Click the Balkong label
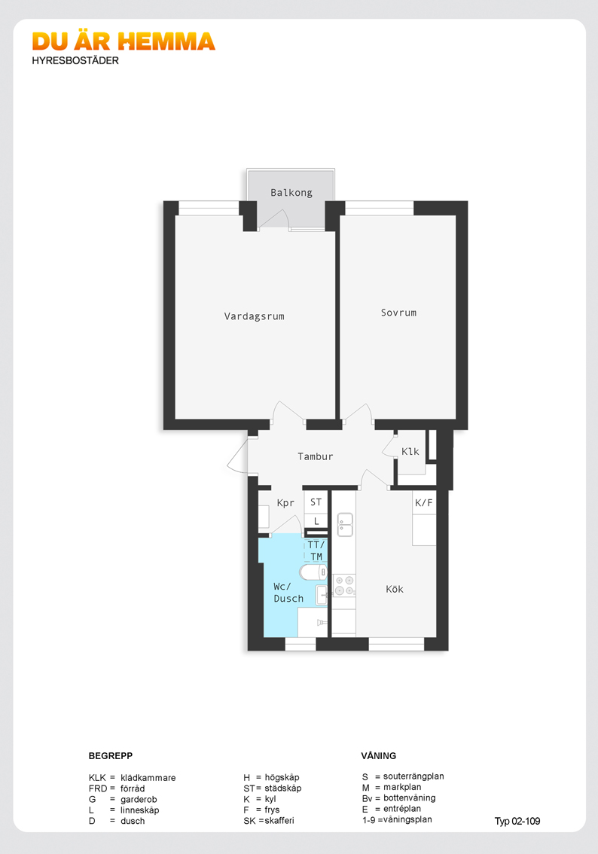[x=291, y=192]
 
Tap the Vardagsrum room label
[x=255, y=316]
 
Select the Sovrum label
[x=398, y=313]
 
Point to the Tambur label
[x=316, y=456]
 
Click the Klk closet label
[x=410, y=452]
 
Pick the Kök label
[x=395, y=589]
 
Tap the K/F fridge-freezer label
[x=424, y=503]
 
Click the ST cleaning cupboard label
[x=316, y=502]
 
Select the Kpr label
[x=285, y=503]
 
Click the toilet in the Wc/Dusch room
[x=313, y=572]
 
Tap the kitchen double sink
[x=345, y=524]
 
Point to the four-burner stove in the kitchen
[x=344, y=585]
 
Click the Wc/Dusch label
[x=288, y=593]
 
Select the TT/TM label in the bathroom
[x=316, y=551]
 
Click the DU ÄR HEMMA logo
[x=124, y=41]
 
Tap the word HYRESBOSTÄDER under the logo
[x=75, y=60]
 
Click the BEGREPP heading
[x=111, y=756]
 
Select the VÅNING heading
[x=379, y=756]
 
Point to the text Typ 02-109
[x=517, y=822]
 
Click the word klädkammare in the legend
[x=148, y=778]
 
